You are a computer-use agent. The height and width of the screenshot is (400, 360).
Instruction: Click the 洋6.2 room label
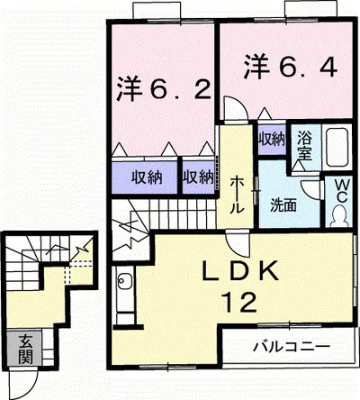point(164,89)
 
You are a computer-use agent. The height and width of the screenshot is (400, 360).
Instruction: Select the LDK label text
point(240,271)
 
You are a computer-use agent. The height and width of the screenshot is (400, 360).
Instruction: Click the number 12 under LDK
point(239,302)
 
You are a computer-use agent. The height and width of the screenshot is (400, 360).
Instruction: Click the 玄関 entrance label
point(25,349)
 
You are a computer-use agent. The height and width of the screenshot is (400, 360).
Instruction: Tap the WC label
point(340,192)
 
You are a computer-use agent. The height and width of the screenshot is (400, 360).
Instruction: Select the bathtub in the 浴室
point(337,147)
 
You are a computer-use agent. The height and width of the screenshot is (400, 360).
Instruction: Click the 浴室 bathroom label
point(304,146)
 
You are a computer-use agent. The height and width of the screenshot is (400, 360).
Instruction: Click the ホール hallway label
point(237,195)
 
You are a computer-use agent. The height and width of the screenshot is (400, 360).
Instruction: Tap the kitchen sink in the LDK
point(124,281)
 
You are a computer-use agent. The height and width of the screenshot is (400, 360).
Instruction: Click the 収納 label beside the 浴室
point(272,139)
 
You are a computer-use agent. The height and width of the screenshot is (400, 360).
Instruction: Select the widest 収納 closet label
point(147,177)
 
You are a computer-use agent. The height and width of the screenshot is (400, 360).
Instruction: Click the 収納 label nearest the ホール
point(199,177)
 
